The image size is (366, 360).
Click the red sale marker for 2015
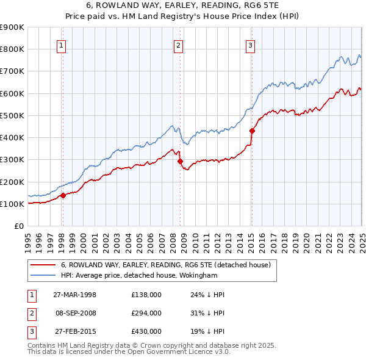click(x=252, y=130)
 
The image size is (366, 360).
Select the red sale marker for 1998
click(x=63, y=196)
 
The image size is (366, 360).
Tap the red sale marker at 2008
click(x=180, y=162)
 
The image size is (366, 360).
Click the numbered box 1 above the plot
click(x=62, y=45)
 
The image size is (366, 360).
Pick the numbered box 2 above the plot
click(x=178, y=45)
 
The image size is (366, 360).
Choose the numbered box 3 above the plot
click(x=251, y=45)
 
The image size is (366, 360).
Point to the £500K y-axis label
click(x=12, y=115)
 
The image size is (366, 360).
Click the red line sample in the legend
click(x=43, y=265)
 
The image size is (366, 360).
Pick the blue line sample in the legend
click(x=43, y=276)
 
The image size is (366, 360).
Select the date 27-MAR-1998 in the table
click(x=74, y=295)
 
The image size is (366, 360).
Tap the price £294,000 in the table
click(x=146, y=313)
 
